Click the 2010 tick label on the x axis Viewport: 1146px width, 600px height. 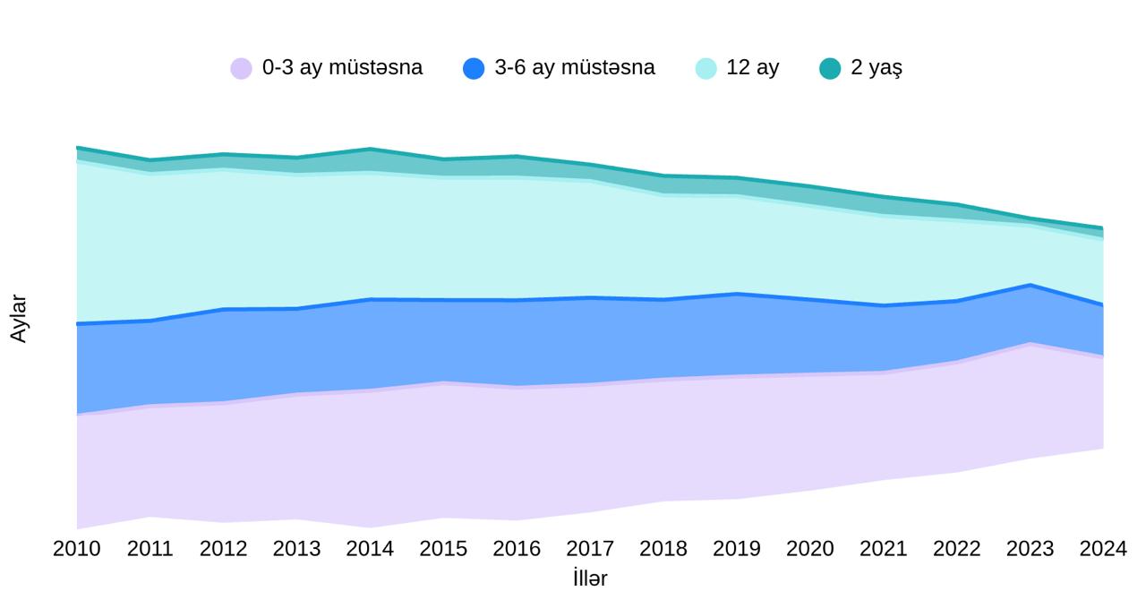pyautogui.click(x=77, y=548)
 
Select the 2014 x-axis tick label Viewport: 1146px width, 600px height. pyautogui.click(x=370, y=548)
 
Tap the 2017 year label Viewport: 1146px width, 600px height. pyautogui.click(x=590, y=548)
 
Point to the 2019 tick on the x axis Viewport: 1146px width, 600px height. pyautogui.click(x=737, y=548)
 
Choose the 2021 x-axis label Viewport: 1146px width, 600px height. pyautogui.click(x=884, y=548)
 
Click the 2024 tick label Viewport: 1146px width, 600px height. pyautogui.click(x=1103, y=548)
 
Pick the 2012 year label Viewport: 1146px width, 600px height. pyautogui.click(x=223, y=548)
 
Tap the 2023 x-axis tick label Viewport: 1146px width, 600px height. pyautogui.click(x=1030, y=548)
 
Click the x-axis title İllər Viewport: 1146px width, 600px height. pyautogui.click(x=590, y=578)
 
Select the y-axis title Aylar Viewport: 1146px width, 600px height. pyautogui.click(x=19, y=318)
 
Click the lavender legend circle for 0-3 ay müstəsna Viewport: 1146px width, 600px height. pyautogui.click(x=241, y=68)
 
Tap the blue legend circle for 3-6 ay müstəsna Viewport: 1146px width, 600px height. pyautogui.click(x=474, y=68)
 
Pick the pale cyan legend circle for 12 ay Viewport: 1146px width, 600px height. pyautogui.click(x=706, y=68)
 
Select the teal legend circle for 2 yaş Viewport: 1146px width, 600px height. pyautogui.click(x=830, y=68)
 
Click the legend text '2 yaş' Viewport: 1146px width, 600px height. pyautogui.click(x=877, y=68)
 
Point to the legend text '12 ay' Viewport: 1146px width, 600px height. pyautogui.click(x=753, y=68)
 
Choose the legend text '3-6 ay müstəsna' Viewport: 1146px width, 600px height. pyautogui.click(x=575, y=68)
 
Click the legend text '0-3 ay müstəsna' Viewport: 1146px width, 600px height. pyautogui.click(x=342, y=68)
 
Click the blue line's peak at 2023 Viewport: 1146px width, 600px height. pyautogui.click(x=1031, y=286)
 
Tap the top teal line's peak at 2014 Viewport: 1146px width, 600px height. pyautogui.click(x=370, y=149)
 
